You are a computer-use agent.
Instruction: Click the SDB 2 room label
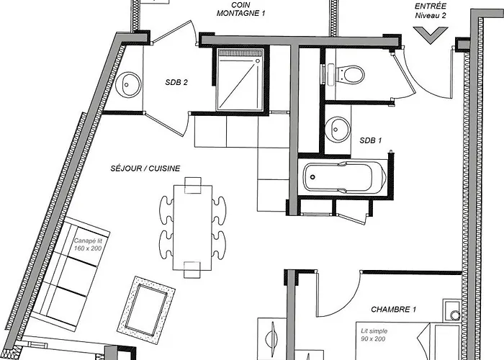point(176,82)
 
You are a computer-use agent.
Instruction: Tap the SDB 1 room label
point(371,140)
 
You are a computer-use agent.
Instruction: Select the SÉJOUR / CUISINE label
point(145,168)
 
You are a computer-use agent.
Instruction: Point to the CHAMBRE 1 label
point(393,309)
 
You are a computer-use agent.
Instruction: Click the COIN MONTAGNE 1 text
point(241,9)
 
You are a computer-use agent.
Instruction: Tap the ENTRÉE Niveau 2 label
point(431,11)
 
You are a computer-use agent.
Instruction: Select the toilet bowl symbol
point(350,75)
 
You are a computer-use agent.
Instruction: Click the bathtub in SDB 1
point(345,177)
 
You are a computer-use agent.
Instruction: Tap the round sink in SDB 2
point(128,84)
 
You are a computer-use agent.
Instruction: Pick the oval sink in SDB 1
point(337,129)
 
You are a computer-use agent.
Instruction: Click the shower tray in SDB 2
point(240,80)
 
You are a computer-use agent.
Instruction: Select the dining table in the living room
point(192,228)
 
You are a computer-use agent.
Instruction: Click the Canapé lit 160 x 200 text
point(88,244)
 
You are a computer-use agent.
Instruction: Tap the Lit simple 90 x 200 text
point(374,335)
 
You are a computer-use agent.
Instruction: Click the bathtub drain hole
point(312,177)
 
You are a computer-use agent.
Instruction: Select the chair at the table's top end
point(193,186)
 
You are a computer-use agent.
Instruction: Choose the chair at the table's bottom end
point(192,270)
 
